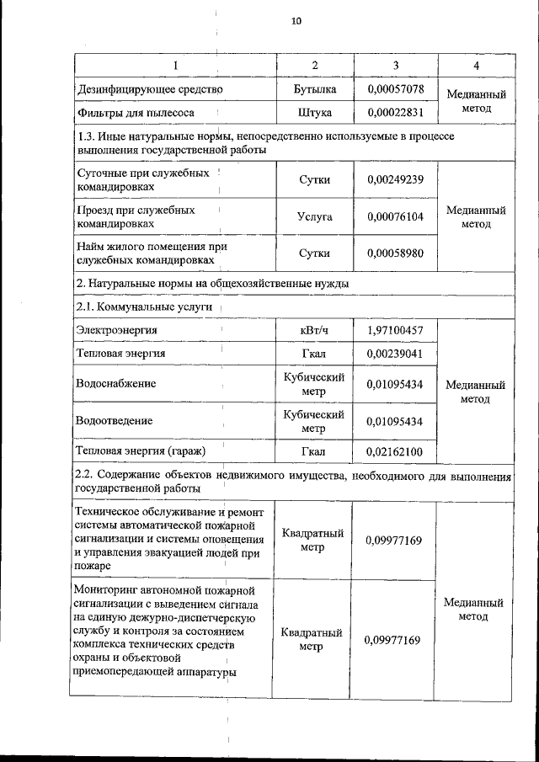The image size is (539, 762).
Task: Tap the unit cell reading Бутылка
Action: click(315, 88)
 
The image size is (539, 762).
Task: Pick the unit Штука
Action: click(315, 112)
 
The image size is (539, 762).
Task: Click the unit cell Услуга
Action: click(315, 216)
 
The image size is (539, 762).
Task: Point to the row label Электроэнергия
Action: click(116, 330)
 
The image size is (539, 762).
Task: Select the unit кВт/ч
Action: click(315, 330)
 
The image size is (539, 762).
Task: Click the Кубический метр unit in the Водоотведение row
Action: click(315, 420)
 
